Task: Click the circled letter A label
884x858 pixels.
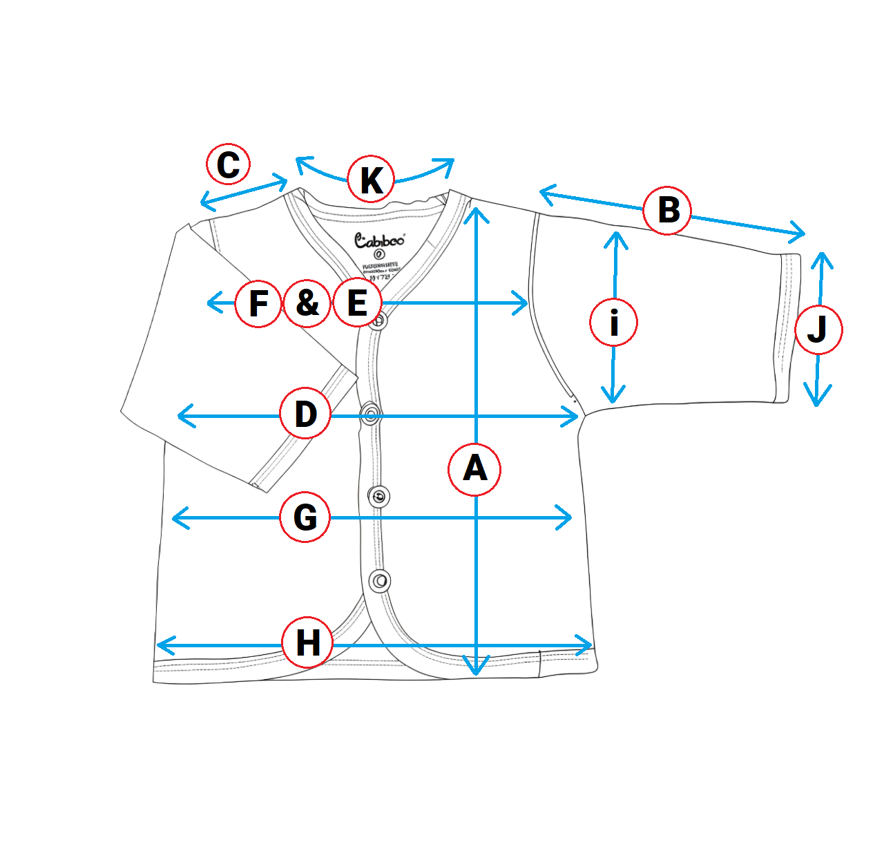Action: [474, 470]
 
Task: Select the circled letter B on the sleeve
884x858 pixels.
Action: [667, 210]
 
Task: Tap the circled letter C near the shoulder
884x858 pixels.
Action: [229, 164]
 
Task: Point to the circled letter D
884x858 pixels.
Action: [305, 414]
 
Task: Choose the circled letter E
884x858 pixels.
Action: [356, 303]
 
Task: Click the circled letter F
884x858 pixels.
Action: [258, 303]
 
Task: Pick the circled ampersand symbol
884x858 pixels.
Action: [307, 303]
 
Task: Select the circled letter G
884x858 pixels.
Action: [305, 517]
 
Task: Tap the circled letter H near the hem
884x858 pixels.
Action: [308, 643]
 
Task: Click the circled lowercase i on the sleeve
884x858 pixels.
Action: [613, 322]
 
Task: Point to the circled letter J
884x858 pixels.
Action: [818, 330]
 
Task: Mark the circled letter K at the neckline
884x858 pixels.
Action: [371, 180]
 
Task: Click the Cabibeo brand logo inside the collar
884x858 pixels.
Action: [379, 240]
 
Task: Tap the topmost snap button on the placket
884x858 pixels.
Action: [377, 321]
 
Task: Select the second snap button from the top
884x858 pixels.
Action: [371, 414]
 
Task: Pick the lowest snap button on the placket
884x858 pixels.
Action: [380, 581]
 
